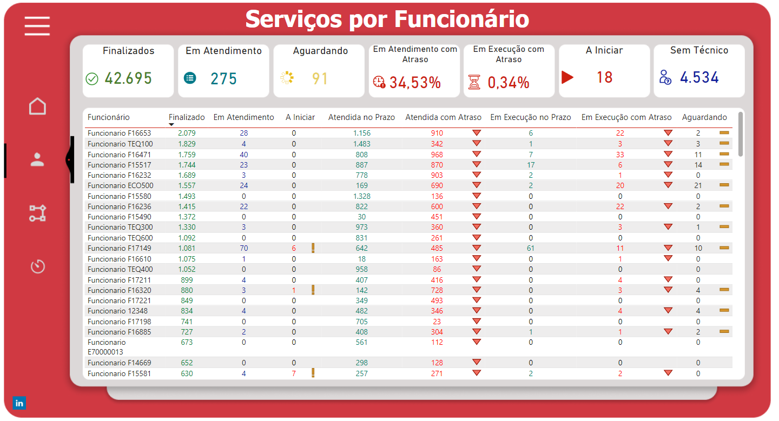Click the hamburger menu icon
click(37, 26)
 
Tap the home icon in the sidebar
click(37, 106)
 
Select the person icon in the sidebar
click(37, 159)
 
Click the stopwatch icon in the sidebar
click(37, 266)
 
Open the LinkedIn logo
click(19, 403)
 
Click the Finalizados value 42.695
click(128, 78)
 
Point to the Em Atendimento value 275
click(224, 79)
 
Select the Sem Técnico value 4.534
click(699, 77)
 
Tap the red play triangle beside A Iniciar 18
click(567, 77)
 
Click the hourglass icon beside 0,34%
click(474, 82)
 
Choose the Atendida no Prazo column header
click(361, 117)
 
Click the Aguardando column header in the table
click(704, 117)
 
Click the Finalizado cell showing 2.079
click(187, 133)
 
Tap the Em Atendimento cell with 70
click(243, 248)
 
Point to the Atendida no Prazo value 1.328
click(361, 196)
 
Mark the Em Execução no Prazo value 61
click(531, 248)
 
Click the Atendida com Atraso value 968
click(437, 155)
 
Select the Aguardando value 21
click(698, 185)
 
